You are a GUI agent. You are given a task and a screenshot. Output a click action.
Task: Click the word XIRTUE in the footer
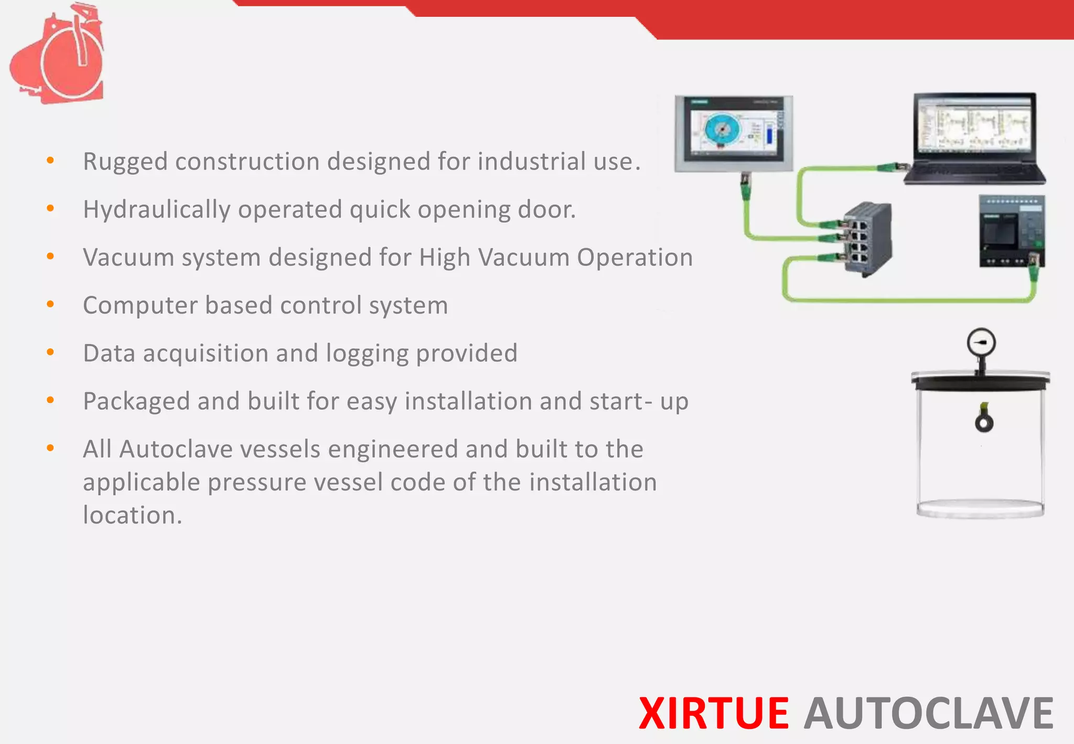tap(714, 714)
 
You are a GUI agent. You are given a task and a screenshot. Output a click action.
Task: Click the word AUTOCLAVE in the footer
tap(928, 714)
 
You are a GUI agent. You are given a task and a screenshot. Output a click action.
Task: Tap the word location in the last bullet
tap(132, 515)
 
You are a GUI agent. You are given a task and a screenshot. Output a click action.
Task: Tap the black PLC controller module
tap(1012, 231)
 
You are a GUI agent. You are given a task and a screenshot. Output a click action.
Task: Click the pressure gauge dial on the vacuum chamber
tap(981, 343)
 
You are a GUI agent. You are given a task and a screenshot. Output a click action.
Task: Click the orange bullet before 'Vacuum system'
tap(50, 257)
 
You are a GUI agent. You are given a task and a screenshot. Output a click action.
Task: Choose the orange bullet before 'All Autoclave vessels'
tap(50, 448)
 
